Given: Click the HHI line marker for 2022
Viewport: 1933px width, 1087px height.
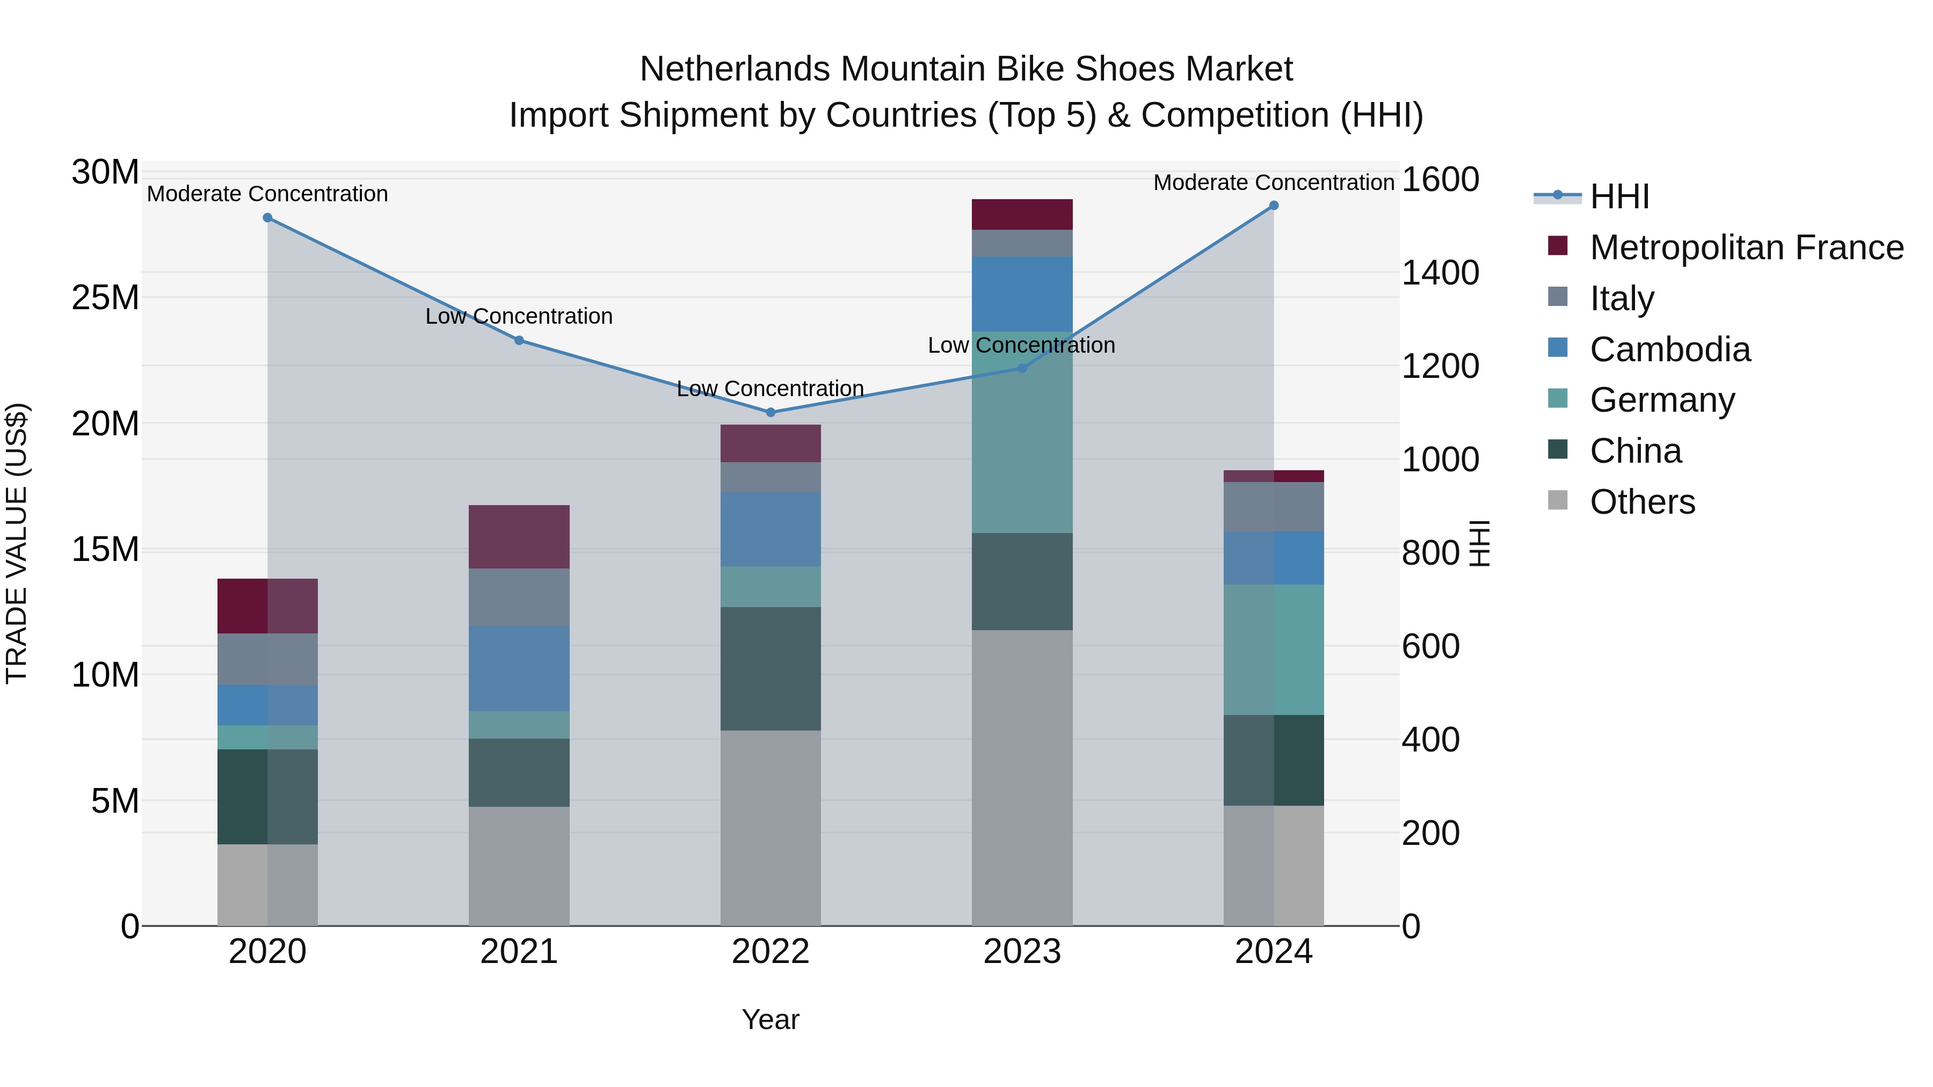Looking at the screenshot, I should pos(770,412).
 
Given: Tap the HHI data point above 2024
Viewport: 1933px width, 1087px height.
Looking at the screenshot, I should pos(1274,206).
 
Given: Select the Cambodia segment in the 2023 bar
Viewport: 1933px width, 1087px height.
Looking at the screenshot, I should pos(1022,294).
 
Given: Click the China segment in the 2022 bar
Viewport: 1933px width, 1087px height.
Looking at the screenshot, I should pos(770,668).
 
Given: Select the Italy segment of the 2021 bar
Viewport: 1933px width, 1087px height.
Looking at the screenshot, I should pos(519,597).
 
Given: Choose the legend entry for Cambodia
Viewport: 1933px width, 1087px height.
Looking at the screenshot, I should pos(1669,349).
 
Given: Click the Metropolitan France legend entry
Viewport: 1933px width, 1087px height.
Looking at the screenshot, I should pos(1746,247).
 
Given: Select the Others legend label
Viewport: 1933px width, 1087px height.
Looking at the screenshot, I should pos(1642,502).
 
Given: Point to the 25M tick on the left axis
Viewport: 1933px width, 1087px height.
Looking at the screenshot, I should pos(105,298).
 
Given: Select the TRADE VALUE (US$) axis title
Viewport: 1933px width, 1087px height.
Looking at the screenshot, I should pos(17,543).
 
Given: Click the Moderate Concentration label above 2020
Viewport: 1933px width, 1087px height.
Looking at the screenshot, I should pos(267,194).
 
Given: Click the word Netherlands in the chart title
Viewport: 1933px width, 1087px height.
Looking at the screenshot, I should pos(736,69).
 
